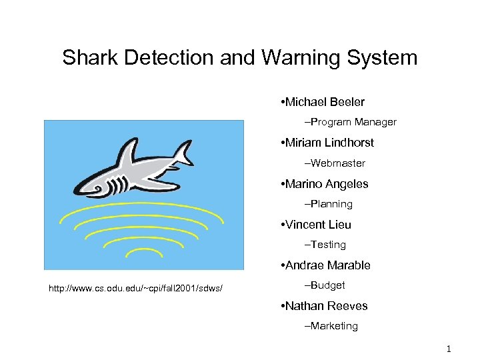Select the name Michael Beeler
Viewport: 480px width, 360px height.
click(325, 102)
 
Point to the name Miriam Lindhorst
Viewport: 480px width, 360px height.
click(329, 143)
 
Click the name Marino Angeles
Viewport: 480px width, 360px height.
click(327, 184)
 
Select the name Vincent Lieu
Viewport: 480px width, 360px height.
click(317, 225)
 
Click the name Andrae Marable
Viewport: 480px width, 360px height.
click(327, 265)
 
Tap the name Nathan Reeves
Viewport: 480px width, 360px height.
click(326, 306)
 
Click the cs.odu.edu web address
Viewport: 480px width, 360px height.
click(135, 288)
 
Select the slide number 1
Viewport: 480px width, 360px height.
click(449, 349)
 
